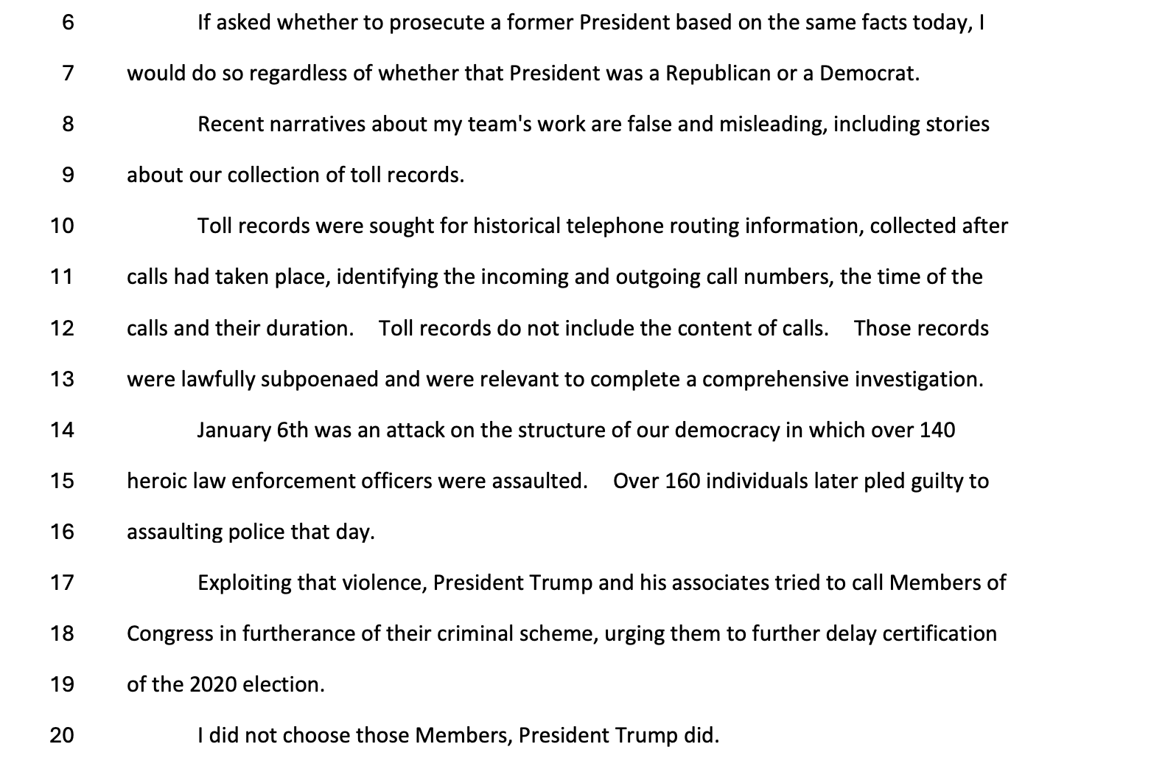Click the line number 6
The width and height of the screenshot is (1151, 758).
[x=68, y=23]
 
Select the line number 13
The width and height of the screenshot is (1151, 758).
[x=62, y=379]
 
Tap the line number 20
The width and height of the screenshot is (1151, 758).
[x=62, y=735]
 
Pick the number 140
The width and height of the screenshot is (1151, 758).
[x=937, y=430]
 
